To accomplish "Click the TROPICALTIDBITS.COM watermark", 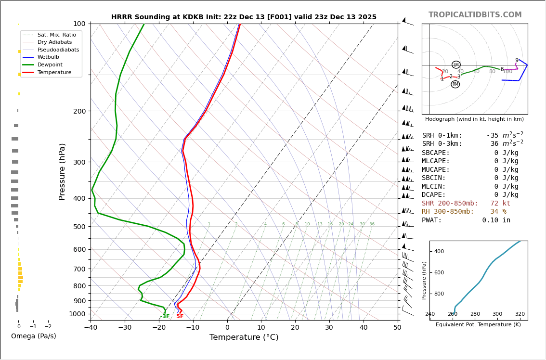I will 475,15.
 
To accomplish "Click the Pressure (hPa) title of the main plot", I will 62,171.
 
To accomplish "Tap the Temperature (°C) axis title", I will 244,337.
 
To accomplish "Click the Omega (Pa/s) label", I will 34,336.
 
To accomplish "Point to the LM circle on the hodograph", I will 456,64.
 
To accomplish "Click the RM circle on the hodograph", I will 455,84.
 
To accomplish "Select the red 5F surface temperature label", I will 180,316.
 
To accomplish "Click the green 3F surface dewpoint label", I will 165,316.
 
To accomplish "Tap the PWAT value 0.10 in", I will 496,220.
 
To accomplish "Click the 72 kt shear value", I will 500,204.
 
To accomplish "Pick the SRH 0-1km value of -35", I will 494,136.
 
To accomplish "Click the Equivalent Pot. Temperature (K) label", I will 478,325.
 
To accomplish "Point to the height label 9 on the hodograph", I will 517,61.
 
